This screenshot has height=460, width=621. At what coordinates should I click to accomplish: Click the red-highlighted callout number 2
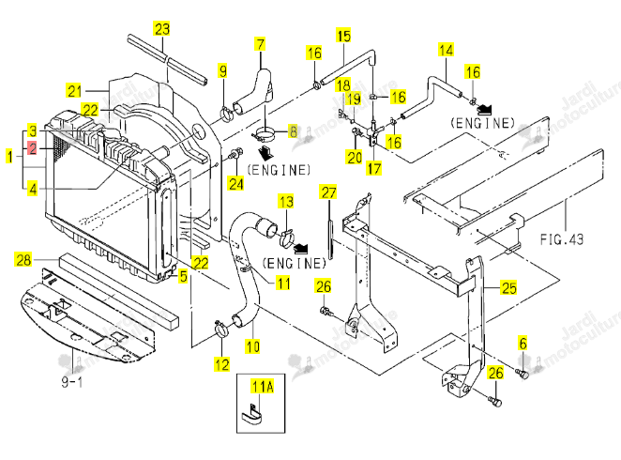click(33, 149)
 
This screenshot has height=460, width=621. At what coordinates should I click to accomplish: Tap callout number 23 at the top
click(161, 29)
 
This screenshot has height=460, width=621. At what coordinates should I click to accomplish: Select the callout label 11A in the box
click(263, 386)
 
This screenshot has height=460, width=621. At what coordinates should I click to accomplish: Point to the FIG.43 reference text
click(562, 239)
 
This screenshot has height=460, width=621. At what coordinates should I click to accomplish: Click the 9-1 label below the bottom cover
click(72, 382)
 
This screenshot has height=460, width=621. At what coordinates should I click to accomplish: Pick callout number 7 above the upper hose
click(260, 44)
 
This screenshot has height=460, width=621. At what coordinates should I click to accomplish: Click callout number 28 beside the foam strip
click(23, 259)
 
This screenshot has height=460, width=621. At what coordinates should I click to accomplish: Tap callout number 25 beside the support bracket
click(509, 287)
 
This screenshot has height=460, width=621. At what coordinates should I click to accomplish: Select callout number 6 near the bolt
click(523, 343)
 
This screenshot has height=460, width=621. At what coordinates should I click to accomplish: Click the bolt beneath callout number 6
click(523, 373)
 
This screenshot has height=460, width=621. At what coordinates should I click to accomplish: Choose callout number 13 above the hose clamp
click(286, 202)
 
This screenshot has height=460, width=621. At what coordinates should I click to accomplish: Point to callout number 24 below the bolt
click(236, 183)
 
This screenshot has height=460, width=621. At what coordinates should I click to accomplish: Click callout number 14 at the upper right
click(446, 51)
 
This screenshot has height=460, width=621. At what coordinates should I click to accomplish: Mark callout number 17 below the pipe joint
click(374, 168)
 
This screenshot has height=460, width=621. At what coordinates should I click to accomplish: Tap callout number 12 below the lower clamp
click(221, 364)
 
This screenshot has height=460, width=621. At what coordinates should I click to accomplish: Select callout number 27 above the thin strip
click(328, 192)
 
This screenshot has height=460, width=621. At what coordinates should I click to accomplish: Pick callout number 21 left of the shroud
click(74, 91)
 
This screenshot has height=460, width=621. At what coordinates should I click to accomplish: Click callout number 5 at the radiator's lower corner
click(183, 276)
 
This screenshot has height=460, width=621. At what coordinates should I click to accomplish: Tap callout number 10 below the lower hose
click(252, 346)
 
